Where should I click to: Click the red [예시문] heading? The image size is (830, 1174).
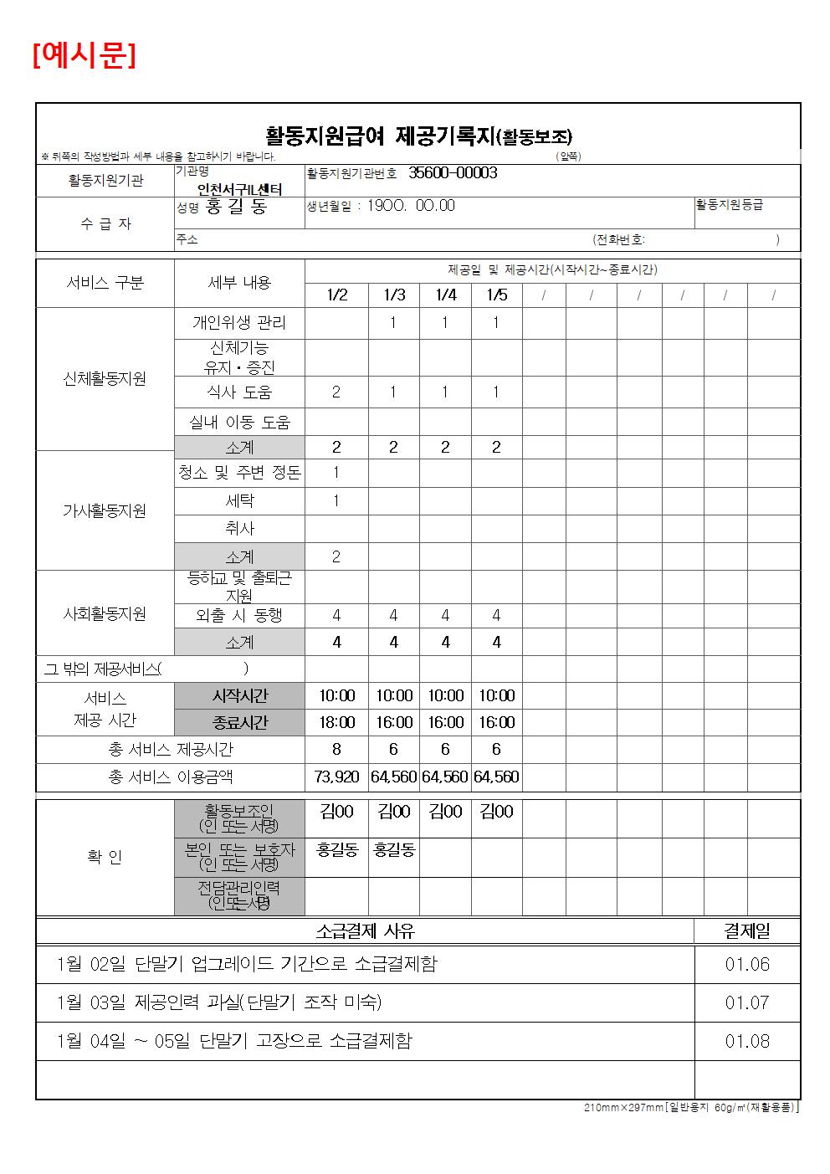pos(84,55)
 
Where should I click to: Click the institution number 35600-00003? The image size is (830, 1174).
pos(453,172)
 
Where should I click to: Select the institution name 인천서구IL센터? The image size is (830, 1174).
pos(239,189)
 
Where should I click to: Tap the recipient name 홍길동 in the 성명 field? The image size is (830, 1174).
pos(236,207)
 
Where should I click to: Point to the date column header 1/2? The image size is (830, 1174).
pos(336,295)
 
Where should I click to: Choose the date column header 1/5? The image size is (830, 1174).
pos(496,295)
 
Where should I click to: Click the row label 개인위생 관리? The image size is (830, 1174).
pos(239,322)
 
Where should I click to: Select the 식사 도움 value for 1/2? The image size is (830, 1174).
pos(336,392)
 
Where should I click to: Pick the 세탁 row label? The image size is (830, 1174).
pos(239,500)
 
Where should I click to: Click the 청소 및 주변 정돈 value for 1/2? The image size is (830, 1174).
pos(336,472)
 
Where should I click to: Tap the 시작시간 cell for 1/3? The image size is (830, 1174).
pos(393,695)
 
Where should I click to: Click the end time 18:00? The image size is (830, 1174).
pos(336,722)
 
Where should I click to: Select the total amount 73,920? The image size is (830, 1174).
pos(336,777)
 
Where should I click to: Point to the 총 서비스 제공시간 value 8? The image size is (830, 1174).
pos(336,749)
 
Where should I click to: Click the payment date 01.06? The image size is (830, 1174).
pos(747,964)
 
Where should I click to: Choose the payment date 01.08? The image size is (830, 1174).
pos(747,1041)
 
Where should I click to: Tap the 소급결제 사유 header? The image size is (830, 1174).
pos(365,930)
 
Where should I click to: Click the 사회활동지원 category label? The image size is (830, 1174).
pos(105,613)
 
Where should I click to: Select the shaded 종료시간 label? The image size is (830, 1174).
pos(239,722)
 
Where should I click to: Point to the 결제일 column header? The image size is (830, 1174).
pos(747,930)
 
